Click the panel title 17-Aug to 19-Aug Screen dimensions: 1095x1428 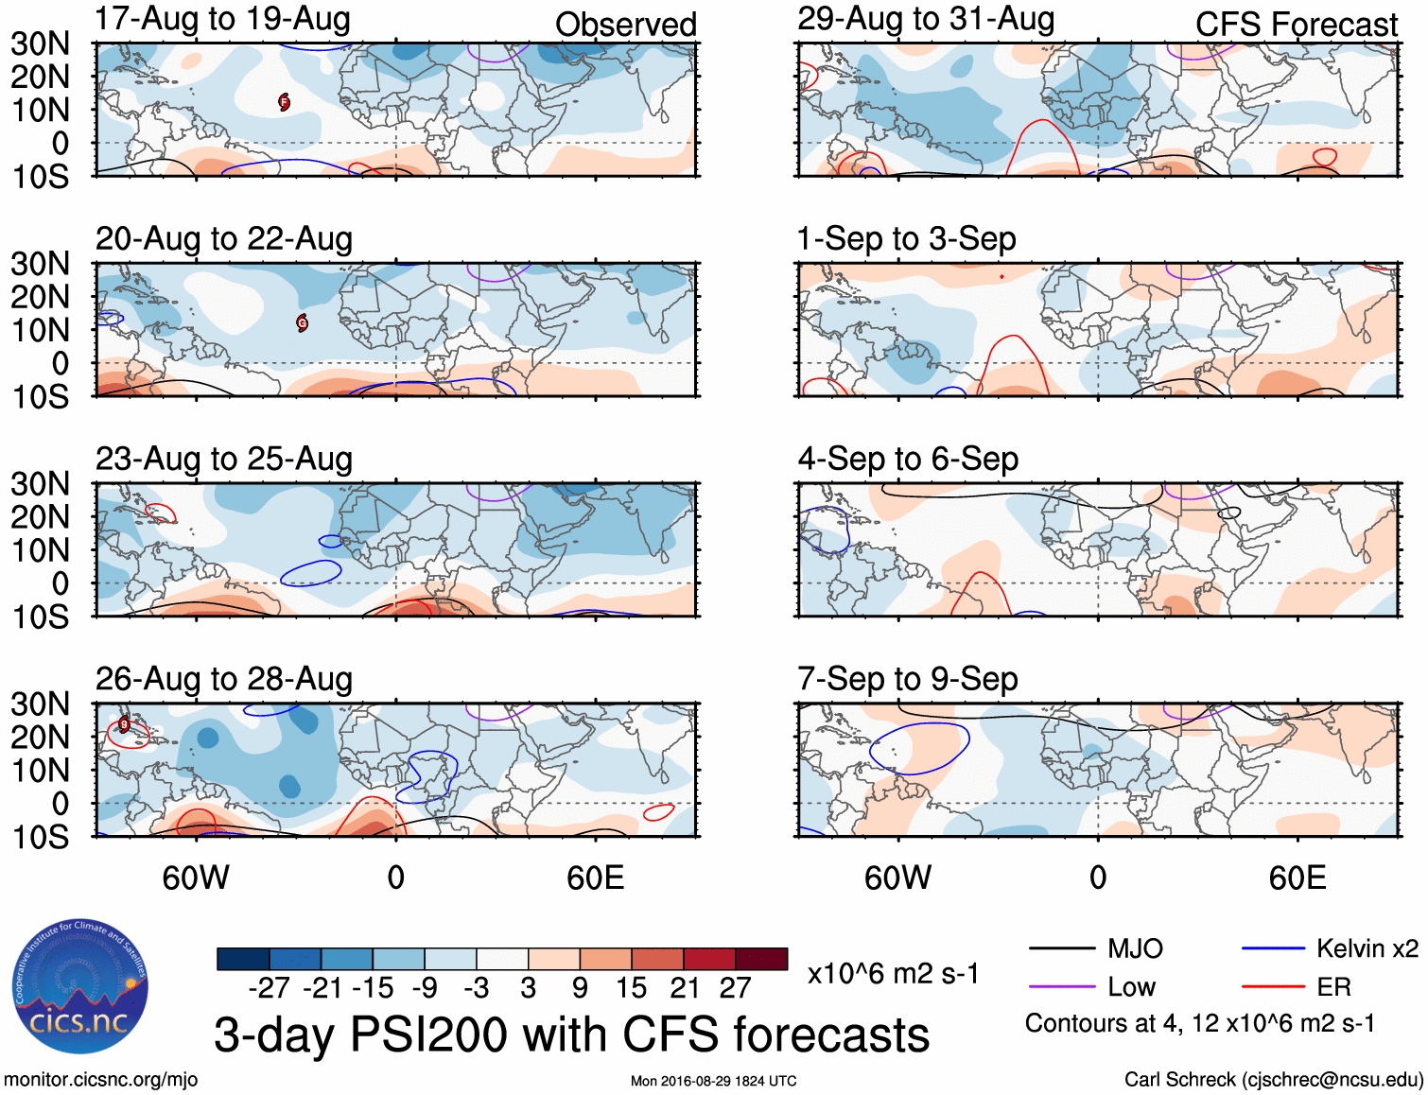coord(223,19)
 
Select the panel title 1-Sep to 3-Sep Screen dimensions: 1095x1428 coord(906,239)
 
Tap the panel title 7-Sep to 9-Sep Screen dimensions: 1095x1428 coord(907,679)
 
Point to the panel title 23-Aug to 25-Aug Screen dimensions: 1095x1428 coord(224,460)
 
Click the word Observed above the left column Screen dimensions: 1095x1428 coord(625,25)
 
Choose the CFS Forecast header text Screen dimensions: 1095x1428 coord(1296,25)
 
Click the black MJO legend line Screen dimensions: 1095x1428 coord(1061,948)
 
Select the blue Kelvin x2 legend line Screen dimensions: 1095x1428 coord(1273,948)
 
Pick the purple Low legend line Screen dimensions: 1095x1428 coord(1061,987)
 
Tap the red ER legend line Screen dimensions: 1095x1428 coord(1273,987)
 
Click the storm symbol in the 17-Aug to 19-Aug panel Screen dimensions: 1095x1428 coord(285,102)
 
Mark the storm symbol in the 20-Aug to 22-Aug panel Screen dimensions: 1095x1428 coord(303,323)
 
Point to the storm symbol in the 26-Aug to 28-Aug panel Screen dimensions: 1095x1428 coord(124,725)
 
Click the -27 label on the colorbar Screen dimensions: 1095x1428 coord(270,988)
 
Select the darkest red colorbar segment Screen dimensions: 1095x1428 coord(761,959)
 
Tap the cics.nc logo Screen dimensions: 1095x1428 coord(79,987)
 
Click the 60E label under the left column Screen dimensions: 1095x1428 coord(595,878)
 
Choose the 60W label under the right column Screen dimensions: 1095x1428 coord(897,878)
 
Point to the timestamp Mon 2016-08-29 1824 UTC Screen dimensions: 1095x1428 coord(713,1081)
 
